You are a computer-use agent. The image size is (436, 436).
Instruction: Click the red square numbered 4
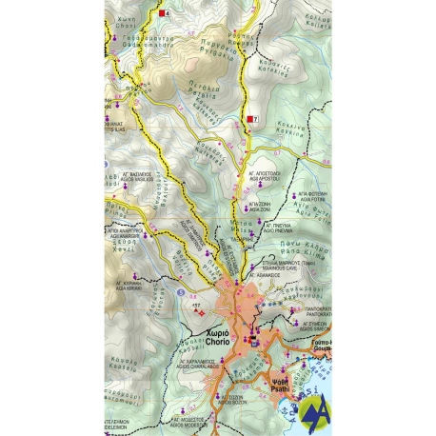(x=164, y=14)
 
